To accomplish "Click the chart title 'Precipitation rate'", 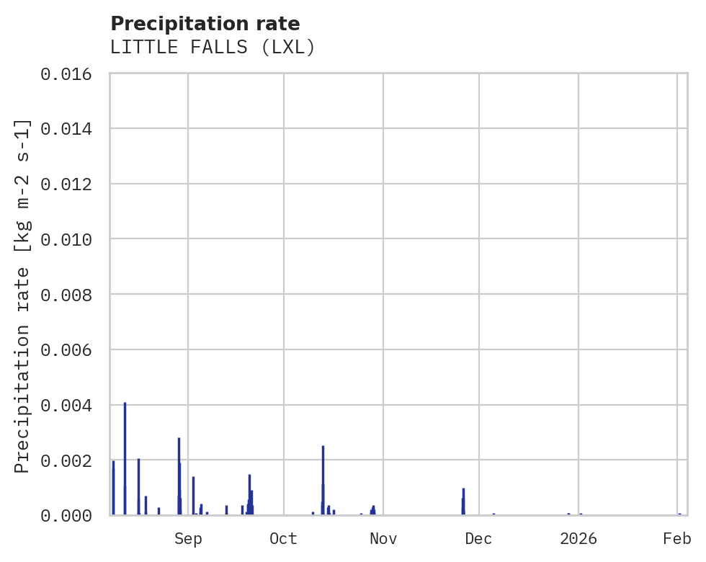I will pyautogui.click(x=205, y=24).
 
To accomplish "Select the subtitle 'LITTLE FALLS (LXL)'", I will pyautogui.click(x=213, y=48).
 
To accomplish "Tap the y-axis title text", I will pyautogui.click(x=23, y=295).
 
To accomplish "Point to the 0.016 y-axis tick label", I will pyautogui.click(x=71, y=74).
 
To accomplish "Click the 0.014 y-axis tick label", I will pyautogui.click(x=71, y=129).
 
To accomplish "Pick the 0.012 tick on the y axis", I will pyautogui.click(x=71, y=184).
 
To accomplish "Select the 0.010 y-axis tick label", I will pyautogui.click(x=71, y=239).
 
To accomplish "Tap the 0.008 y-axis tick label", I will pyautogui.click(x=71, y=295).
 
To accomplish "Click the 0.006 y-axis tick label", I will pyautogui.click(x=71, y=350).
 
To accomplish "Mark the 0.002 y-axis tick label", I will pyautogui.click(x=71, y=460).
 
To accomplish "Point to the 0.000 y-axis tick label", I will pyautogui.click(x=71, y=515).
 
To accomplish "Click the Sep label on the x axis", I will pyautogui.click(x=188, y=538).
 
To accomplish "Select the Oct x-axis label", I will pyautogui.click(x=283, y=538).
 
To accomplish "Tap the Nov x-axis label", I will pyautogui.click(x=383, y=538).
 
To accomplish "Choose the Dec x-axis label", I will pyautogui.click(x=478, y=538).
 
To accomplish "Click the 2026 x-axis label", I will pyautogui.click(x=578, y=538).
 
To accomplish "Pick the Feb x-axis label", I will pyautogui.click(x=677, y=538).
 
